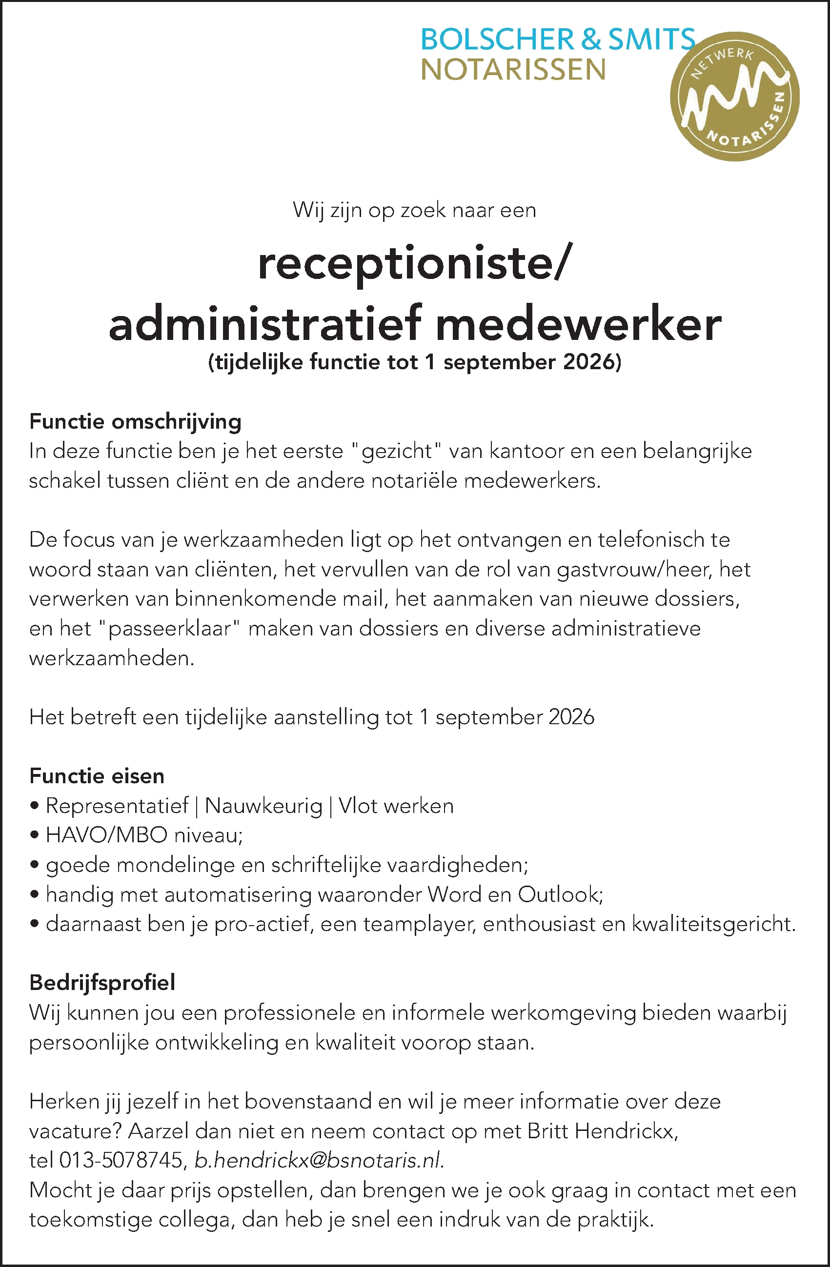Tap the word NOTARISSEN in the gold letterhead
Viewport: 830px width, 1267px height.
coord(513,70)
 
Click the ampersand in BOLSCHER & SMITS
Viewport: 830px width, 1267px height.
coord(591,40)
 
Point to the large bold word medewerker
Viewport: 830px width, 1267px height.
coord(579,324)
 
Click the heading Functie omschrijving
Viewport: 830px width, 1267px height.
coord(135,422)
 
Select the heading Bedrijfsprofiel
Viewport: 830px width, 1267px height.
coord(102,982)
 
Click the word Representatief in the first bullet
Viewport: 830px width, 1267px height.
coord(117,806)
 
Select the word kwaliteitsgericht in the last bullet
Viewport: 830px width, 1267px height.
coord(713,924)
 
